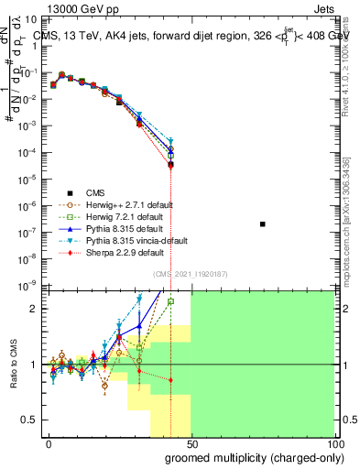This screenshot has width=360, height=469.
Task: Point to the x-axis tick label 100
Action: click(x=334, y=444)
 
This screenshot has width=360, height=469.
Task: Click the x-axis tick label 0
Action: click(x=48, y=444)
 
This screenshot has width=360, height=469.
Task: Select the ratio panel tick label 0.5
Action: click(x=31, y=420)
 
